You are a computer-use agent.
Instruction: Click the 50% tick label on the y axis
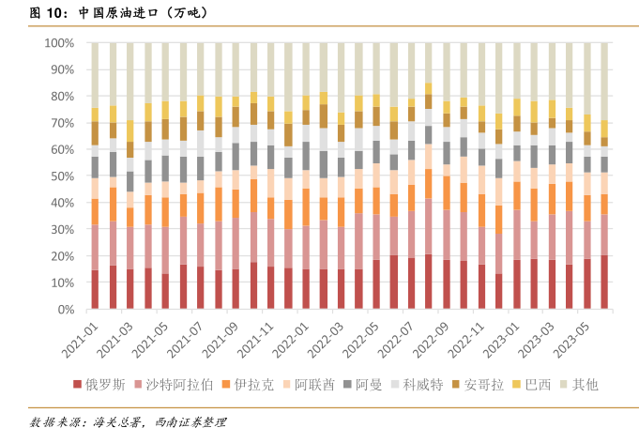(x=62, y=176)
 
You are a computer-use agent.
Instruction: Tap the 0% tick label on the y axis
(x=66, y=310)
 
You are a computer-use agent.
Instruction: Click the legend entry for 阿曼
(x=368, y=385)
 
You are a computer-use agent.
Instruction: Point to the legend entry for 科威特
(x=420, y=385)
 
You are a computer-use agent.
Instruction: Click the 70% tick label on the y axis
(x=62, y=123)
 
